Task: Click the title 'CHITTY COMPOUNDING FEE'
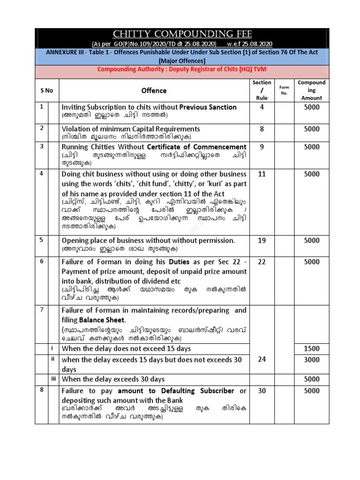[181, 34]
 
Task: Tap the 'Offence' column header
[154, 90]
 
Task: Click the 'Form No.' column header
[284, 90]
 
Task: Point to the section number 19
[262, 240]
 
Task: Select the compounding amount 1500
[311, 348]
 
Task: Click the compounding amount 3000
[311, 360]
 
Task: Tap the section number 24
[262, 360]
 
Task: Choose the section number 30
[262, 390]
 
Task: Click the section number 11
[262, 173]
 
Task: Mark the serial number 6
[41, 261]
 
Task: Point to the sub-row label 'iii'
[53, 378]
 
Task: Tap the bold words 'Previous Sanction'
[208, 107]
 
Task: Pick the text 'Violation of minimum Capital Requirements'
[131, 128]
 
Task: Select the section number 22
[262, 262]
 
